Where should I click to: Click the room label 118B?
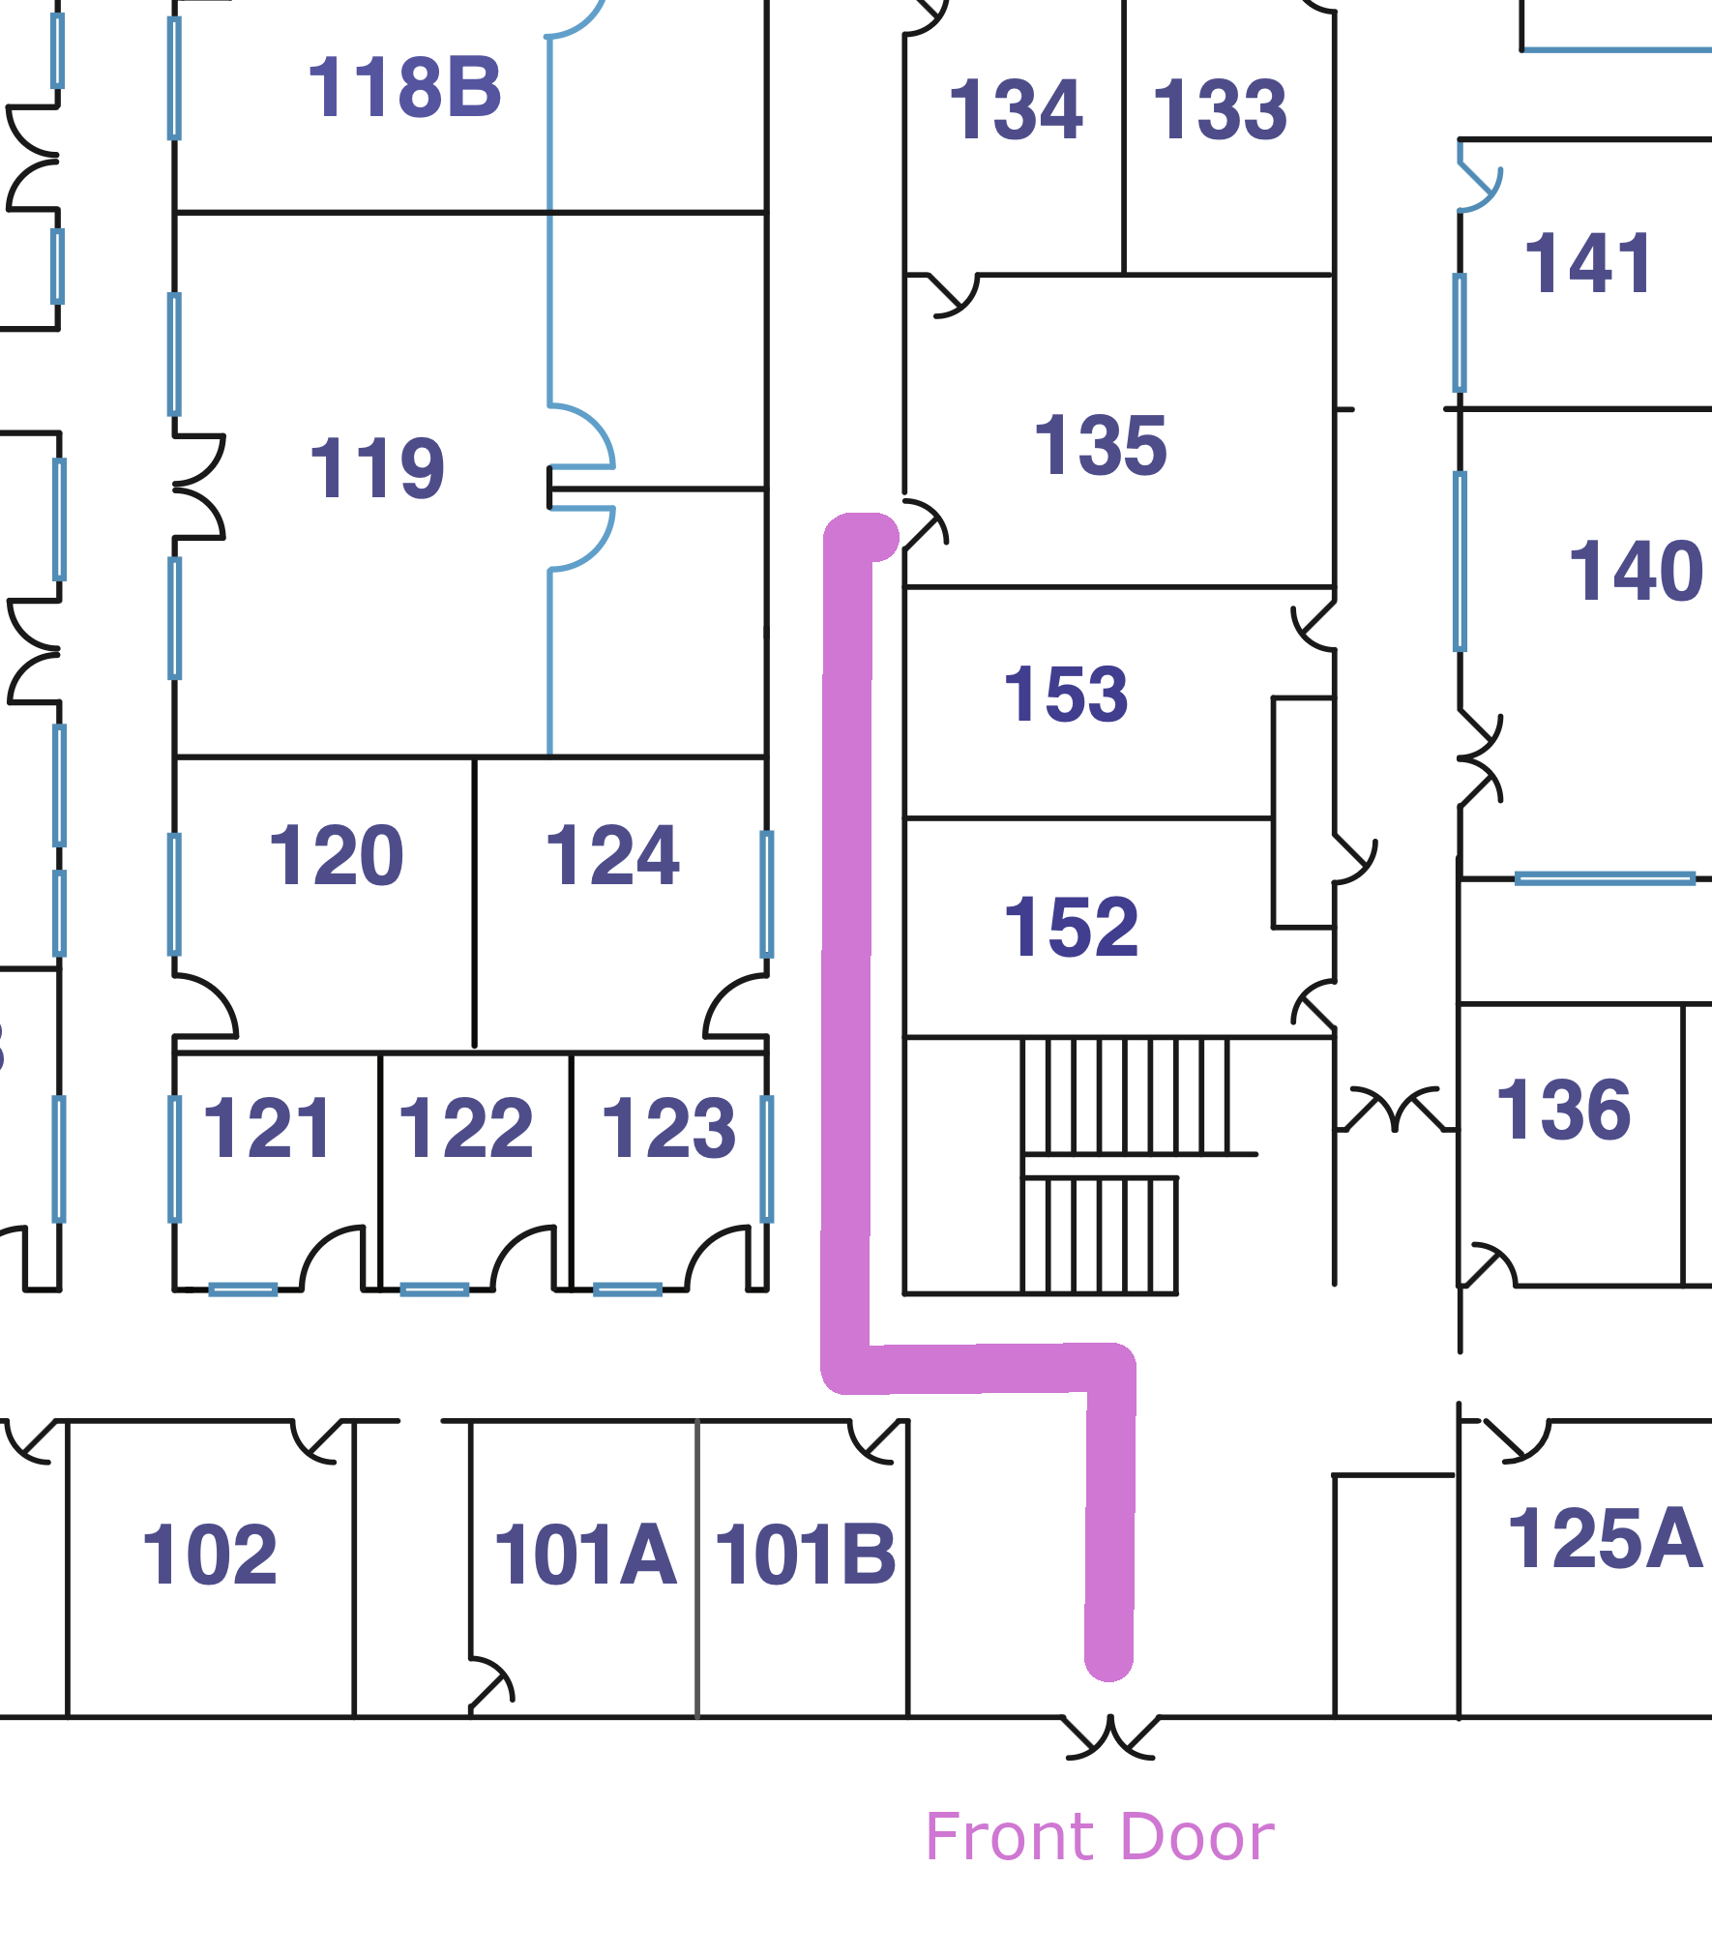(404, 88)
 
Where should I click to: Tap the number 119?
(376, 469)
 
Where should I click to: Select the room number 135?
(1101, 446)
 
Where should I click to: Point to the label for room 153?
(1066, 695)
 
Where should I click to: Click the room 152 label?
(1071, 927)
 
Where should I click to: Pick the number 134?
(1016, 110)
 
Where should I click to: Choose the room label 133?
(1220, 110)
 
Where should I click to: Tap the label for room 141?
(1588, 263)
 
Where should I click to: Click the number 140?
(1636, 572)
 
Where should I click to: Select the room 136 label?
(1564, 1111)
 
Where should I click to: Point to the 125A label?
(1605, 1539)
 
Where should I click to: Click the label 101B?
(805, 1556)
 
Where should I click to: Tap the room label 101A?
(585, 1556)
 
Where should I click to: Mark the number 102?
(210, 1556)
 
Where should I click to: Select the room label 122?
(465, 1128)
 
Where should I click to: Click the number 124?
(612, 856)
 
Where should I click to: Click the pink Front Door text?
(1100, 1837)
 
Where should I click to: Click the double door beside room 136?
(1395, 1110)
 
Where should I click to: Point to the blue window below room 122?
(434, 1289)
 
